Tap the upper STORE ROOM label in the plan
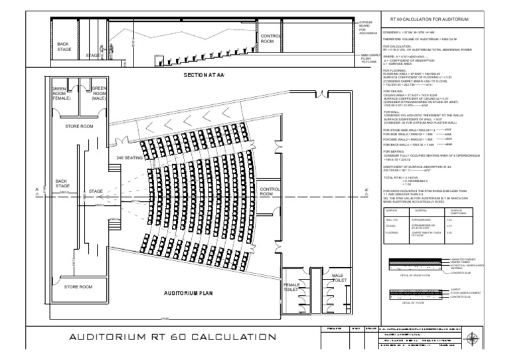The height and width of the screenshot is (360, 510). coord(79,125)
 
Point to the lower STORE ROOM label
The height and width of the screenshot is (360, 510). coord(79,287)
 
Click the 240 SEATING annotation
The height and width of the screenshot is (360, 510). coord(129,157)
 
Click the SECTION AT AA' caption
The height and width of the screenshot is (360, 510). coord(204,75)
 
